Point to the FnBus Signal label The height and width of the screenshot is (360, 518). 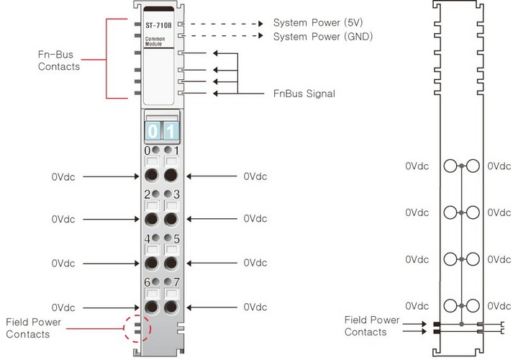[x=304, y=94]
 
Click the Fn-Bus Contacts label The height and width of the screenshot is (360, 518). [x=59, y=60]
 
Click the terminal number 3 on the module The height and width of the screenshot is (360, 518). [x=176, y=194]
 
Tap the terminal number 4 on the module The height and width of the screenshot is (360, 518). [x=147, y=238]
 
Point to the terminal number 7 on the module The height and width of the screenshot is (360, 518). [x=176, y=282]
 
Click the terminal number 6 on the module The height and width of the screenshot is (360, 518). [x=147, y=282]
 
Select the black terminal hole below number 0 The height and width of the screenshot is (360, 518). [x=152, y=175]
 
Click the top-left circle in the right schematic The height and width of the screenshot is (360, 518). [x=452, y=166]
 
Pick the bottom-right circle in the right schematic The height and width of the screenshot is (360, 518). [x=472, y=305]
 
